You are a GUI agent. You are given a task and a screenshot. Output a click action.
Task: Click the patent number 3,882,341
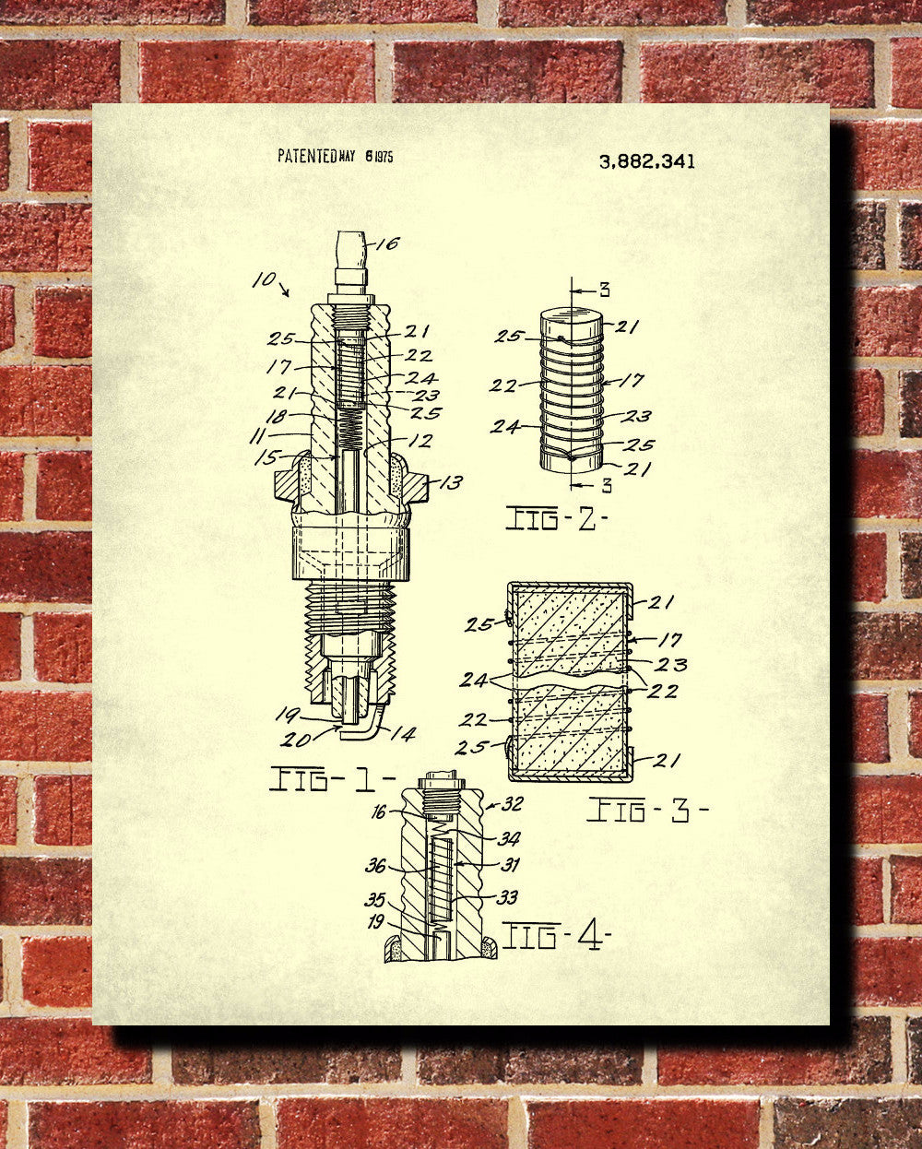tap(647, 162)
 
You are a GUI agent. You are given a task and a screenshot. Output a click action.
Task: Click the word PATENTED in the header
tap(307, 156)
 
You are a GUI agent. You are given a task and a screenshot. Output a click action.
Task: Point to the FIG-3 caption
tap(647, 811)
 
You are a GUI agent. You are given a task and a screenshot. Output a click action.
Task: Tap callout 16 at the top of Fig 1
tap(387, 243)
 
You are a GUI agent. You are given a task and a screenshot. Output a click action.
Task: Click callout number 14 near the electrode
tap(404, 733)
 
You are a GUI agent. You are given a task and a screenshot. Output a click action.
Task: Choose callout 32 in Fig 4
tap(513, 804)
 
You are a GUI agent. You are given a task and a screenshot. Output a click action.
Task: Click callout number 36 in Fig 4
tap(375, 865)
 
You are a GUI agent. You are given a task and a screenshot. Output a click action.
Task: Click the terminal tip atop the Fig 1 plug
tap(351, 254)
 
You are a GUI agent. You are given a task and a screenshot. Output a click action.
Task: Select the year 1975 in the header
tap(384, 156)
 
